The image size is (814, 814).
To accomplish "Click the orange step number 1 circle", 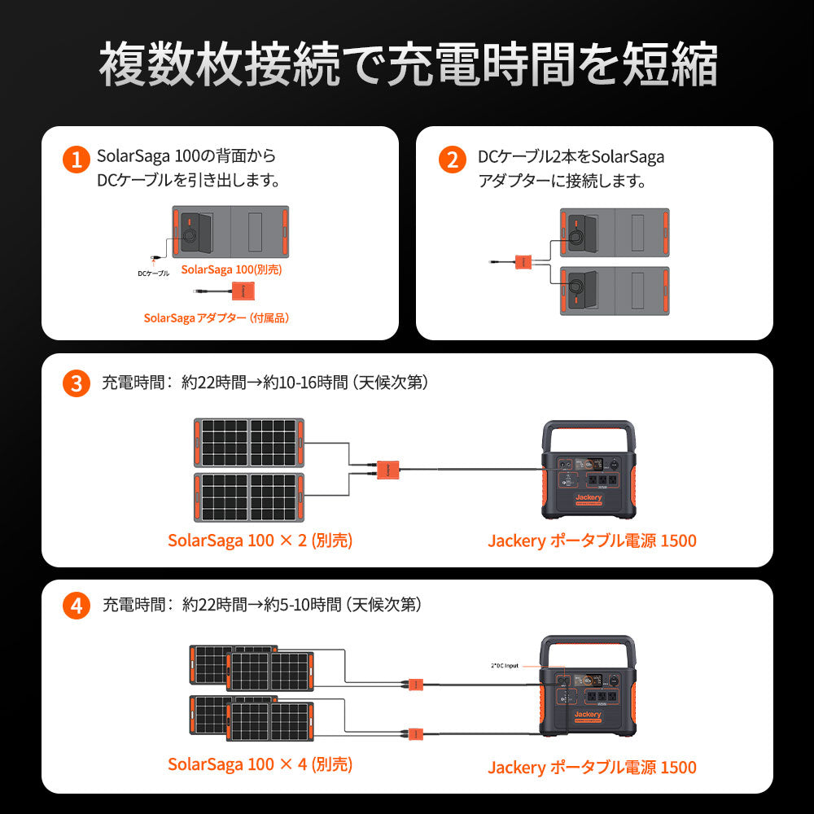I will pyautogui.click(x=76, y=159).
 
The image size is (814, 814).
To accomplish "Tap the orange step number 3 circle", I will pyautogui.click(x=76, y=383).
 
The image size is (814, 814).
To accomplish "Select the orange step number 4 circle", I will pyautogui.click(x=76, y=606).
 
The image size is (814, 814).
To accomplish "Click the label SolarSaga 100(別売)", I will pyautogui.click(x=231, y=269).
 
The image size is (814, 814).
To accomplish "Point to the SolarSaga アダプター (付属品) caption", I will pyautogui.click(x=217, y=318).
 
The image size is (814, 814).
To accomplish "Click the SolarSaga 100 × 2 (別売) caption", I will pyautogui.click(x=260, y=540).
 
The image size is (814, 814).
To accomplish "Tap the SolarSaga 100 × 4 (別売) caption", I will pyautogui.click(x=260, y=764).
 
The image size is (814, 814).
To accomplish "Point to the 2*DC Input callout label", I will pyautogui.click(x=504, y=666).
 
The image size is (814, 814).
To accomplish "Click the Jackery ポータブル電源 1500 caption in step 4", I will pyautogui.click(x=592, y=767).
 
